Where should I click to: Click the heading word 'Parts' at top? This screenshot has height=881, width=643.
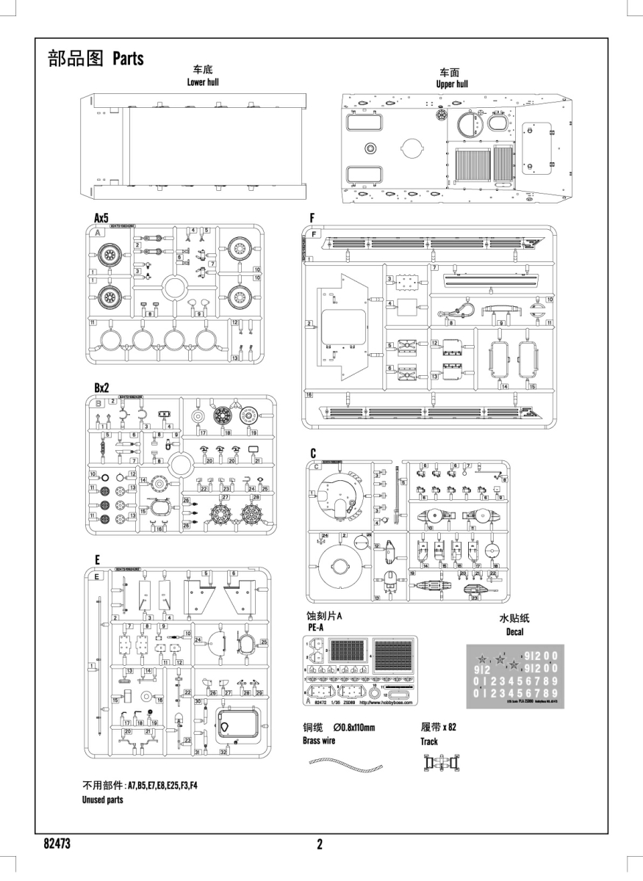[x=129, y=59]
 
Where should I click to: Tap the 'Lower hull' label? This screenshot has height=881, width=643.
[x=203, y=82]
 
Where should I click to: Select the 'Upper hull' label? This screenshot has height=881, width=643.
[x=451, y=84]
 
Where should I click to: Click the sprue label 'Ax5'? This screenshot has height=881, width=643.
[x=101, y=218]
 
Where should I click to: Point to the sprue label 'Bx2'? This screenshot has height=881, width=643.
[x=101, y=388]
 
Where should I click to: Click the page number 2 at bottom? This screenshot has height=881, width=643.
[x=320, y=844]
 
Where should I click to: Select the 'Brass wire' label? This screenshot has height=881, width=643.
[x=318, y=741]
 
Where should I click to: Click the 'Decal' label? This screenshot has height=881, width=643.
[x=514, y=632]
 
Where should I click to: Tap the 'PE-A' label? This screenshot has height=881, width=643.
[x=314, y=628]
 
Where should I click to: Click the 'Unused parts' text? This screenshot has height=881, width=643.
[x=102, y=800]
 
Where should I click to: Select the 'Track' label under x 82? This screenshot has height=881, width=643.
[x=429, y=742]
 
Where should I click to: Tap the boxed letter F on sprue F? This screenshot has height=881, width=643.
[x=315, y=233]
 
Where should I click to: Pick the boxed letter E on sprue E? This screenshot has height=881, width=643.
[x=97, y=576]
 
